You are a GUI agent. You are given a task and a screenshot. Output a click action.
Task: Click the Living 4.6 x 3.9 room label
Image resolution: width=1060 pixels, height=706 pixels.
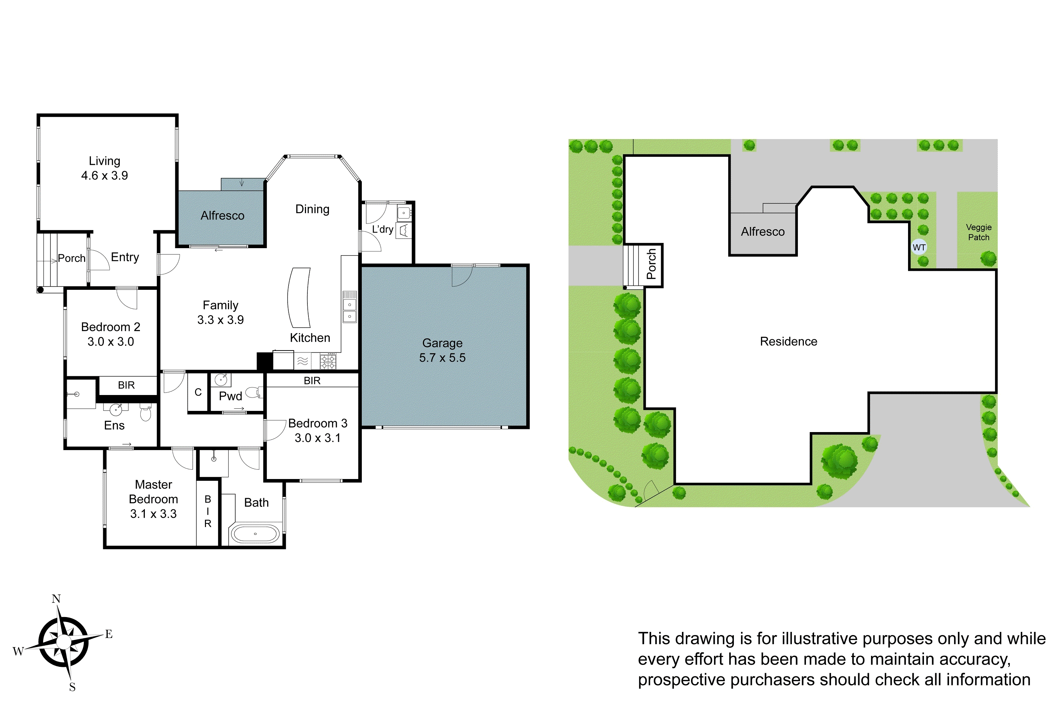(105, 168)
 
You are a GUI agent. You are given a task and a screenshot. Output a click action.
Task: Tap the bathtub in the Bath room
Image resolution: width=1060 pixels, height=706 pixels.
(255, 534)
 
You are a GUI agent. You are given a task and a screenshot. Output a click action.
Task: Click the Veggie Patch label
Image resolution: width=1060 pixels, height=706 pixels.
(978, 232)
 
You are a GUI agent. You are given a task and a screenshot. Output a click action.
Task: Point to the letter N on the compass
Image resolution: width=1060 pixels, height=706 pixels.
(56, 599)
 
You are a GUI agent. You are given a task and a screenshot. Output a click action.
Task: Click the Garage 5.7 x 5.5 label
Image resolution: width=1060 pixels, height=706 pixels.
(442, 350)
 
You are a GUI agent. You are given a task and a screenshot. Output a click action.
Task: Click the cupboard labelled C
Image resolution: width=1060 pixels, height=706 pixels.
(198, 392)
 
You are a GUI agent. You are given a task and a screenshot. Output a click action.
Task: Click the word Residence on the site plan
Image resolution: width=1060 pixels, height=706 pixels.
(788, 341)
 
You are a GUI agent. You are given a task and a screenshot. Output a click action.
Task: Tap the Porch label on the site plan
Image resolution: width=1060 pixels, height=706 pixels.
(651, 264)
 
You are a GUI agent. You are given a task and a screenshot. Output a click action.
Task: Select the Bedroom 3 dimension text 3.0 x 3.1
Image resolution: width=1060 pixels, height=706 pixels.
(317, 438)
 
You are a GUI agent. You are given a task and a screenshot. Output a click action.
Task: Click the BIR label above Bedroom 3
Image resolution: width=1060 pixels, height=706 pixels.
(312, 381)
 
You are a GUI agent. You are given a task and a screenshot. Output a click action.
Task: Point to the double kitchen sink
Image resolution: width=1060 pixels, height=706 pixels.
(350, 311)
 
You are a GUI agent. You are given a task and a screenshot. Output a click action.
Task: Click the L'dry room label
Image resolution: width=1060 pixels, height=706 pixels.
(383, 229)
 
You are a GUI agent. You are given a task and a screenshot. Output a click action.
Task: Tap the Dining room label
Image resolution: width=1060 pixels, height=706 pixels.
(312, 209)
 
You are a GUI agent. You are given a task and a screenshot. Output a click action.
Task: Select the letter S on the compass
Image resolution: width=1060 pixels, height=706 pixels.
(72, 687)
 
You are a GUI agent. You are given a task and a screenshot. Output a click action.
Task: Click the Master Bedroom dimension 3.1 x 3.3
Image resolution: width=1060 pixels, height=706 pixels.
(153, 514)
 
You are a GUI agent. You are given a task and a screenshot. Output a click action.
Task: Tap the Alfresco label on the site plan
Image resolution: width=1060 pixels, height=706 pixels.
(762, 232)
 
